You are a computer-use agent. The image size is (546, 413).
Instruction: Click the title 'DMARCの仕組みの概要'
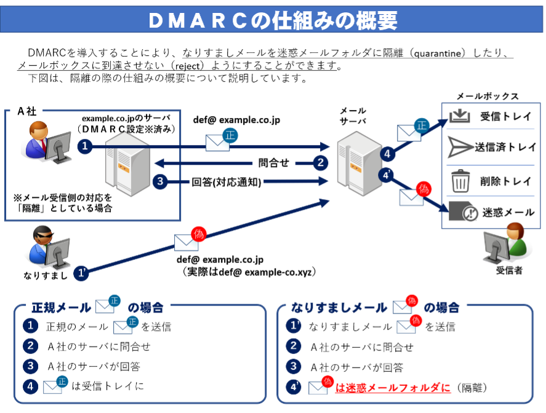click(x=273, y=20)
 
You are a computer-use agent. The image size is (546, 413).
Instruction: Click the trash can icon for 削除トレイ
click(x=460, y=181)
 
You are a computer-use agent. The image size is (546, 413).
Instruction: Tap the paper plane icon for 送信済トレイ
click(x=460, y=147)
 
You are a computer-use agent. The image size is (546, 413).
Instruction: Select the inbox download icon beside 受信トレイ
click(x=460, y=116)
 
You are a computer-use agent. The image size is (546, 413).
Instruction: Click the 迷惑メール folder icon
click(x=463, y=211)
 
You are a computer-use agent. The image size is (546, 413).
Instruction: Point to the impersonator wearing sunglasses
click(x=48, y=248)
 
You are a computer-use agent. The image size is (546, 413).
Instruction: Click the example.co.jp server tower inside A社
click(x=127, y=164)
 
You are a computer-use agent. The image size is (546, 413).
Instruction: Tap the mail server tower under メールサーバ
click(x=359, y=163)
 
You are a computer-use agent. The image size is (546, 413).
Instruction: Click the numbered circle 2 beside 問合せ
click(x=320, y=163)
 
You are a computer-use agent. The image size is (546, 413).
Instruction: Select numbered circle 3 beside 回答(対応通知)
click(x=160, y=181)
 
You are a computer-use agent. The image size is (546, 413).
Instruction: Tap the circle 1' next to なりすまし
click(x=81, y=273)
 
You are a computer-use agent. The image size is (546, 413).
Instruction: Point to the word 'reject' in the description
click(x=187, y=66)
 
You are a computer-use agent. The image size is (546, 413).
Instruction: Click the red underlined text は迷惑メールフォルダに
click(x=393, y=388)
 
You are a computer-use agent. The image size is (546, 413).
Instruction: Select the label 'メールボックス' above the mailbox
click(x=488, y=96)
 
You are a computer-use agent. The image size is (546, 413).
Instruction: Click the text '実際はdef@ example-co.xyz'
click(x=249, y=272)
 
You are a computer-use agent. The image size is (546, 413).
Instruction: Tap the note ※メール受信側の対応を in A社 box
click(x=63, y=198)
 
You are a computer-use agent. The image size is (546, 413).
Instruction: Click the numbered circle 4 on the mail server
click(x=387, y=154)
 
